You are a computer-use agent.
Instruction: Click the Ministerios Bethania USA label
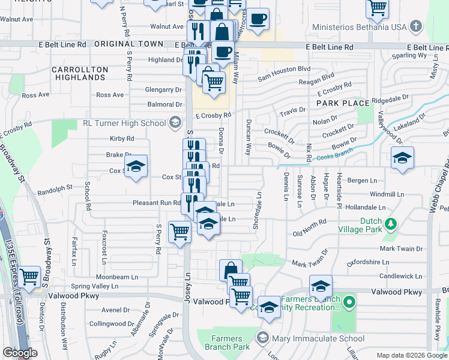point(364,27)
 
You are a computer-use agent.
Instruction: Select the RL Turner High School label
point(124,123)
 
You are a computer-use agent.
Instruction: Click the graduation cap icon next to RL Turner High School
point(175,123)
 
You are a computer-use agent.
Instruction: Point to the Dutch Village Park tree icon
point(391,224)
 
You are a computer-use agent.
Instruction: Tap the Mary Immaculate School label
point(310,338)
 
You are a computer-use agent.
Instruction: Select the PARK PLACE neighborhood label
point(343,103)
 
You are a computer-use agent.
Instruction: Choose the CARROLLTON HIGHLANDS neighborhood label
point(80,73)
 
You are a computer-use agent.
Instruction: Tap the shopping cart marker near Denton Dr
point(29,277)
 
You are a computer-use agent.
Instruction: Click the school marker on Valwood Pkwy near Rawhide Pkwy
point(321,286)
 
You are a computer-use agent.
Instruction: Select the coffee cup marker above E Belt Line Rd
point(258,19)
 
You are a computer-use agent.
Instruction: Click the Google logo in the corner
point(20,353)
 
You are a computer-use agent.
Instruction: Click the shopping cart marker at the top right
point(377,7)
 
